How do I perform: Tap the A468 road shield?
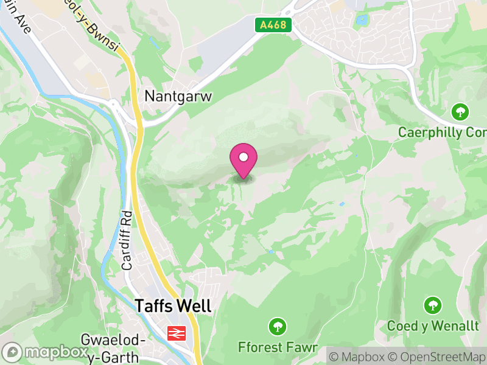pyautogui.click(x=273, y=25)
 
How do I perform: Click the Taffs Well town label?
pyautogui.click(x=173, y=306)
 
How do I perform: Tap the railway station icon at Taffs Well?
pyautogui.click(x=177, y=333)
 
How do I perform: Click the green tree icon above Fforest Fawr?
pyautogui.click(x=278, y=327)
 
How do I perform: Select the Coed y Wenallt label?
pyautogui.click(x=433, y=325)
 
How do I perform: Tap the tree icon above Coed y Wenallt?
pyautogui.click(x=433, y=305)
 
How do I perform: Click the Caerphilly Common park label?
pyautogui.click(x=442, y=132)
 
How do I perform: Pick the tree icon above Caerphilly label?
pyautogui.click(x=460, y=111)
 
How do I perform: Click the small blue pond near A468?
pyautogui.click(x=363, y=21)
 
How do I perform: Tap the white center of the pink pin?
pyautogui.click(x=243, y=158)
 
